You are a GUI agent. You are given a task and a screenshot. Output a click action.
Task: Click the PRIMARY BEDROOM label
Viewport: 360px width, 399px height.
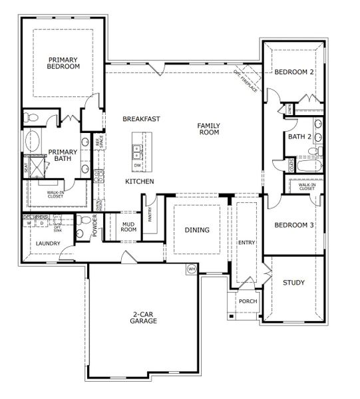(64, 63)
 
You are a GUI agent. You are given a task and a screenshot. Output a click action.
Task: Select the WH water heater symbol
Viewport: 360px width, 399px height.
(192, 269)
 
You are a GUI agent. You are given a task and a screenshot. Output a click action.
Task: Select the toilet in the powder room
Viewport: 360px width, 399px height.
(82, 229)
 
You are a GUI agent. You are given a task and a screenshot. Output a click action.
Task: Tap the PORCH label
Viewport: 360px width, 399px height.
(248, 301)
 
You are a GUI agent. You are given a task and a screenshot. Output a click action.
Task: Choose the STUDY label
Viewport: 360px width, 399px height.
(293, 283)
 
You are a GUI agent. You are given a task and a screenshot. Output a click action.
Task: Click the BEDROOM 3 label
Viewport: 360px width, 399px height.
(294, 225)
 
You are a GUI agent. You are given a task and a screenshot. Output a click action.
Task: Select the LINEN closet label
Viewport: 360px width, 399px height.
(289, 108)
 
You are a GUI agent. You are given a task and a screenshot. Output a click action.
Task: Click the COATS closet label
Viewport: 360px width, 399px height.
(291, 164)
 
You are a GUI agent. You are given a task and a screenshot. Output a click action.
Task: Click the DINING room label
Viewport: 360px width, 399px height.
(197, 230)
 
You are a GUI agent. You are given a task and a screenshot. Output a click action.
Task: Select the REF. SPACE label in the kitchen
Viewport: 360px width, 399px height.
(99, 142)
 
